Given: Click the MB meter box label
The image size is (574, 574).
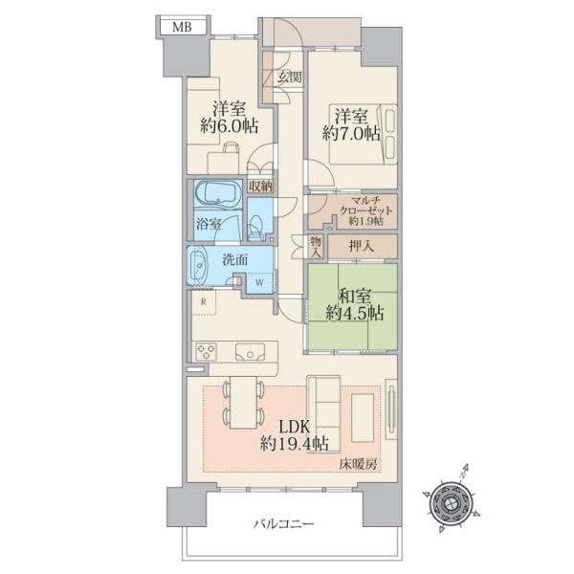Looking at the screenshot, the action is coord(182,27).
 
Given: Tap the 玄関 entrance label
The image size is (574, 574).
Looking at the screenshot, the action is coord(289,77).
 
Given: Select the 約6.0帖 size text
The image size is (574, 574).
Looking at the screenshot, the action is coord(230,126).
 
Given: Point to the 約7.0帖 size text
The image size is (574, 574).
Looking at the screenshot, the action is coord(351,134).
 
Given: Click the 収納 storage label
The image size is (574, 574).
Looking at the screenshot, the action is coord(260,187).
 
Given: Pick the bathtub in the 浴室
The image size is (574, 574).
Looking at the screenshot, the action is coord(218,193).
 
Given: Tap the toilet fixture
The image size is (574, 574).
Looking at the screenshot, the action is coord(255,224).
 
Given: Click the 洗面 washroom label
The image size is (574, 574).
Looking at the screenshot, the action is coord(235,259).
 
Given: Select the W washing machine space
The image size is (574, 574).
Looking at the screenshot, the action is coord(259,282).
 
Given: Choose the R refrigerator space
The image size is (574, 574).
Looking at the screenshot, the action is coord(204,302).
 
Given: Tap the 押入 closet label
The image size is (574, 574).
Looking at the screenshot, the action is coord(362,247).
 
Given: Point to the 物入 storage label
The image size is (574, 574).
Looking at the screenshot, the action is coord(316,247).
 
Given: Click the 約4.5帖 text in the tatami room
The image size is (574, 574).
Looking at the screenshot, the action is coord(355,314).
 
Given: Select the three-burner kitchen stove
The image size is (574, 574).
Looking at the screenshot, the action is coord(206,351).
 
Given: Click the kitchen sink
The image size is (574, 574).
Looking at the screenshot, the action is coord(250,352).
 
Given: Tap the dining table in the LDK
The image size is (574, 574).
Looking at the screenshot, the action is coord(243,403).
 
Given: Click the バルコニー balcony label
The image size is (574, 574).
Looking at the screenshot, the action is coord(284,524).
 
